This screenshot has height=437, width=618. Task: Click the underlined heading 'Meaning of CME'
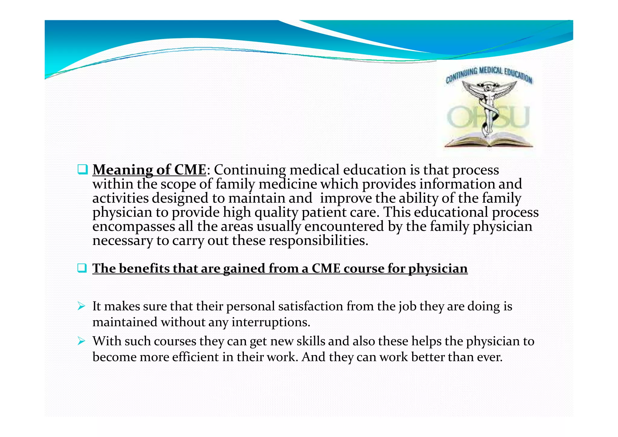click(x=149, y=170)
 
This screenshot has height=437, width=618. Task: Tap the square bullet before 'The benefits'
click(x=82, y=268)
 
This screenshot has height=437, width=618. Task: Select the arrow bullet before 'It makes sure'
click(x=81, y=306)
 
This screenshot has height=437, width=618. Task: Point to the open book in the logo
click(x=488, y=140)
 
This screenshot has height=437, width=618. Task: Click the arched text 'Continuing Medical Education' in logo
click(x=489, y=74)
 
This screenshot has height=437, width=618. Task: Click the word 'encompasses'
click(x=133, y=227)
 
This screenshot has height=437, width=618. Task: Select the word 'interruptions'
click(x=270, y=322)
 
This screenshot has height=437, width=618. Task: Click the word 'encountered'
click(x=344, y=227)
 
